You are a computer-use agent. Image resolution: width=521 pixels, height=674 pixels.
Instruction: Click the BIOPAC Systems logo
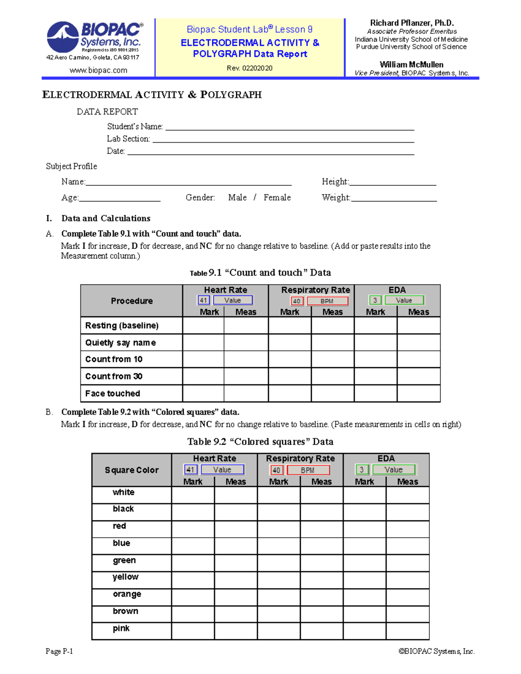point(94,37)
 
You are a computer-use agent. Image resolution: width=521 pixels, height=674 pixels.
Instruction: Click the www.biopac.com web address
point(99,70)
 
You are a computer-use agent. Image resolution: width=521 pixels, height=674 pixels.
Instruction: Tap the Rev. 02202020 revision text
point(250,68)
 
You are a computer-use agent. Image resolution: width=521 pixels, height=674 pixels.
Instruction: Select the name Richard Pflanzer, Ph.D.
point(412,23)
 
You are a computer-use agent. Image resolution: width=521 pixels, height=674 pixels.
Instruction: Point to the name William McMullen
point(411,65)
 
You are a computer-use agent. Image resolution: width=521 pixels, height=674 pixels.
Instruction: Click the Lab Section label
point(128,139)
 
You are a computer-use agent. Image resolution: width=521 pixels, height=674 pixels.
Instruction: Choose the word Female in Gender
point(277,197)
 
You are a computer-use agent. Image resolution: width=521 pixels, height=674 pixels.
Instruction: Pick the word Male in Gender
point(237,197)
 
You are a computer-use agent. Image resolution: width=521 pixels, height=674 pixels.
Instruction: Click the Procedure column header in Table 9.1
point(132,301)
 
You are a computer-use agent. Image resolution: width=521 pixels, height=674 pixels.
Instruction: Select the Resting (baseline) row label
point(122,325)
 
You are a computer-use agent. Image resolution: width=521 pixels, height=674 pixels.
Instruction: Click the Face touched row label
point(112,394)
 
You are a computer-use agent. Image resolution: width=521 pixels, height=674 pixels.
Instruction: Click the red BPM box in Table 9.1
point(327,301)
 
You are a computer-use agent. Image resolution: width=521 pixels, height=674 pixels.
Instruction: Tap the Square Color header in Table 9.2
point(132,470)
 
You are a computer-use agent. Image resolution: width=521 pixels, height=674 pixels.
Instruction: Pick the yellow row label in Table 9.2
point(125,577)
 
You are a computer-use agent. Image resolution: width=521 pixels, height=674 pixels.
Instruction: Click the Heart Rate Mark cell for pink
point(193,631)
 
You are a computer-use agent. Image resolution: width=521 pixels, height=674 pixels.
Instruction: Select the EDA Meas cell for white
point(407,495)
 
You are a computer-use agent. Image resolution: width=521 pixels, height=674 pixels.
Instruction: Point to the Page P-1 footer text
point(59,651)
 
